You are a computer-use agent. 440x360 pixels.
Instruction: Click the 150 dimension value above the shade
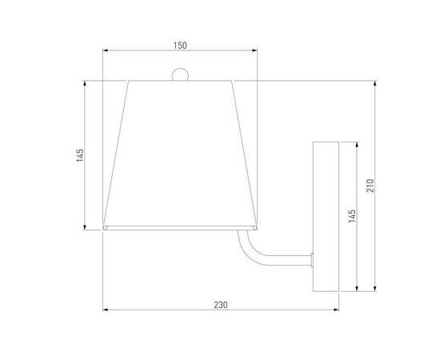click(x=180, y=46)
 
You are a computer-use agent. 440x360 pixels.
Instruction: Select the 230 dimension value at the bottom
click(x=221, y=304)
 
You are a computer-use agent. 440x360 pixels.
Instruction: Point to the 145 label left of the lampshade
click(x=79, y=155)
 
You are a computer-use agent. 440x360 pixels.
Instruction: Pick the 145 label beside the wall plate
click(x=352, y=216)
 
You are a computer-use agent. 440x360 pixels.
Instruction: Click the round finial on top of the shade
click(x=180, y=75)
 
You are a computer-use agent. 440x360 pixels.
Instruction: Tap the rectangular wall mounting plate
click(x=326, y=216)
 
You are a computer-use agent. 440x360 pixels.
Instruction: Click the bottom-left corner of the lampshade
click(x=105, y=229)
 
